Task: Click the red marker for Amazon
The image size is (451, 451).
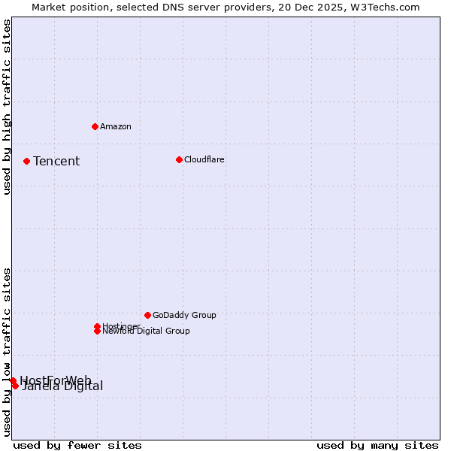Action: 95,126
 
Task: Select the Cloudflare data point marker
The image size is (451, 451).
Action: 179,159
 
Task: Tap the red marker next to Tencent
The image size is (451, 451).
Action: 26,161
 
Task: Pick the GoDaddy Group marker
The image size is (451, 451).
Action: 147,315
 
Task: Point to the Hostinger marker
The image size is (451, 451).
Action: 97,326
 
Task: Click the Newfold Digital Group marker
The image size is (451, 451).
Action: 97,331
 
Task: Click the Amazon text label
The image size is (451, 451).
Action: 116,126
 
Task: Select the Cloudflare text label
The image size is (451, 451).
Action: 204,159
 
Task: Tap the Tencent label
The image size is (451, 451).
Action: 56,161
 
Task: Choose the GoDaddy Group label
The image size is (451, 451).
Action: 184,315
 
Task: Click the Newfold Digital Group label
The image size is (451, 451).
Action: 146,331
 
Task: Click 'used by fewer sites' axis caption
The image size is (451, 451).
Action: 77,445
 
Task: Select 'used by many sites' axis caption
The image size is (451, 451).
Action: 377,445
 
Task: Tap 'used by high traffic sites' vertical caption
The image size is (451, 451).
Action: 8,107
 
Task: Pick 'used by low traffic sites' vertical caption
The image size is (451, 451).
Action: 8,351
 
